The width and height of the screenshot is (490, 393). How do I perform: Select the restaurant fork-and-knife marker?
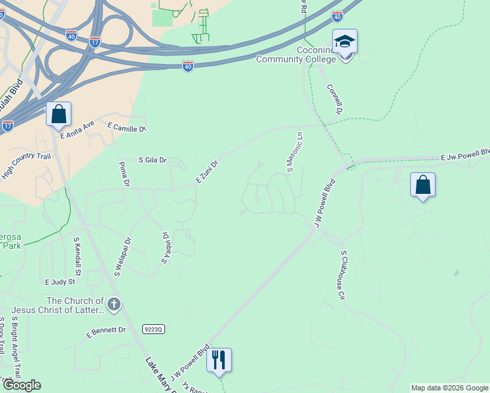(219, 360)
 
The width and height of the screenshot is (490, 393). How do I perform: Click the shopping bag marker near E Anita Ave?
(59, 114)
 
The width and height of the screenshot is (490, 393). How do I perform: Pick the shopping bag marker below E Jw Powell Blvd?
(423, 185)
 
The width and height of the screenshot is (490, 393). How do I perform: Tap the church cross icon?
(114, 304)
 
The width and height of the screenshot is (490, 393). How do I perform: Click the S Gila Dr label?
(153, 160)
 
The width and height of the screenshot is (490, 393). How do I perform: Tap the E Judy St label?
(60, 282)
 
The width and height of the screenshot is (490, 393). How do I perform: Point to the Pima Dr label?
(122, 174)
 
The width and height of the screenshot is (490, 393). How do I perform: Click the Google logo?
(22, 385)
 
